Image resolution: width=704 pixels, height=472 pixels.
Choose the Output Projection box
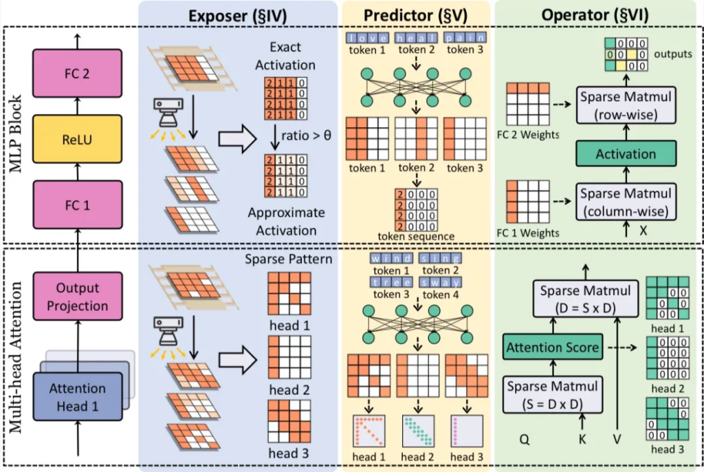click(76, 297)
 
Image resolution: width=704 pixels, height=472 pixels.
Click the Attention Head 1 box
click(76, 397)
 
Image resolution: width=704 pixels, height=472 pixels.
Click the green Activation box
click(625, 154)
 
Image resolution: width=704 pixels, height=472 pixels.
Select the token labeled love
click(367, 38)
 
